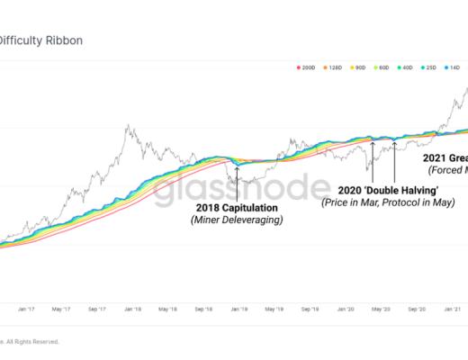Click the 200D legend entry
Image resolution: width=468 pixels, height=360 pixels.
305,68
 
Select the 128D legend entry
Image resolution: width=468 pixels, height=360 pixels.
331,68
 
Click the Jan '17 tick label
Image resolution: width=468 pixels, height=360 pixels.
25,309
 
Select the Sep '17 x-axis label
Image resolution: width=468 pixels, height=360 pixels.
96,309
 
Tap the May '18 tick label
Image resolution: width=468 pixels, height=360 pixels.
167,309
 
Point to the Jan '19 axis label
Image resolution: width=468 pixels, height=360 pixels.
238,309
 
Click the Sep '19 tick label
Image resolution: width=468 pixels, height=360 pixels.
310,309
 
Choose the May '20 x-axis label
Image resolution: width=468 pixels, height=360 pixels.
380,309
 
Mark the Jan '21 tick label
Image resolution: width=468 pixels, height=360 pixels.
451,309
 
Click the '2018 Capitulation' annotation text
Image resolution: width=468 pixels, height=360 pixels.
237,207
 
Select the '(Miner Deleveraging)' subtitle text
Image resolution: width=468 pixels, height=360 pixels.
237,220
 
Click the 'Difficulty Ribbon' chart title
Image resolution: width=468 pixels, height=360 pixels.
42,40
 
